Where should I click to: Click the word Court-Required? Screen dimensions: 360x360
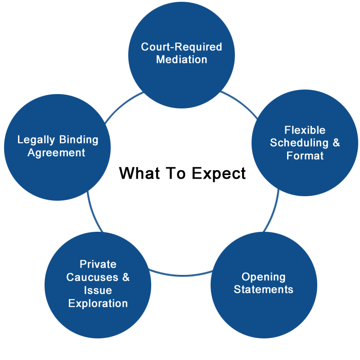click(x=181, y=47)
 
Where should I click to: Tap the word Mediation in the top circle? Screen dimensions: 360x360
click(x=182, y=59)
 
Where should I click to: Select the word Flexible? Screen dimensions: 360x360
click(x=305, y=130)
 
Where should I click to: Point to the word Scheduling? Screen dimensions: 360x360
click(x=299, y=143)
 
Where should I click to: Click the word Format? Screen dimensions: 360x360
click(x=305, y=155)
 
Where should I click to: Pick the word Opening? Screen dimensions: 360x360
click(x=263, y=277)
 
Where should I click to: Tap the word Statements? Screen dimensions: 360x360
click(x=263, y=289)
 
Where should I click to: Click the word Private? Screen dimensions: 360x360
click(x=98, y=264)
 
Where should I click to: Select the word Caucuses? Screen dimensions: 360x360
click(x=92, y=277)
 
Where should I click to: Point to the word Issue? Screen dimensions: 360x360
click(x=98, y=290)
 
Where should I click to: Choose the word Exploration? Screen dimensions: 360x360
click(x=98, y=303)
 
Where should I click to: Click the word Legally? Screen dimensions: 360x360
click(x=36, y=140)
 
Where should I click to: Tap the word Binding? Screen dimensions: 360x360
click(x=79, y=140)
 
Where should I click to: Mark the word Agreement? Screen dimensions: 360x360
click(x=56, y=153)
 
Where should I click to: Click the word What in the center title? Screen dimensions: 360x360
click(x=139, y=173)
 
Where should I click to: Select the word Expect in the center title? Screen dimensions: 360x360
click(x=219, y=174)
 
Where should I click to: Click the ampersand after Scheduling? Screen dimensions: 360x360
click(x=336, y=143)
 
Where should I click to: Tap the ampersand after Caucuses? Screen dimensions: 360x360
click(x=126, y=277)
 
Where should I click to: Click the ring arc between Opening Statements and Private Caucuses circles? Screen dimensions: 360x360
click(x=181, y=275)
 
